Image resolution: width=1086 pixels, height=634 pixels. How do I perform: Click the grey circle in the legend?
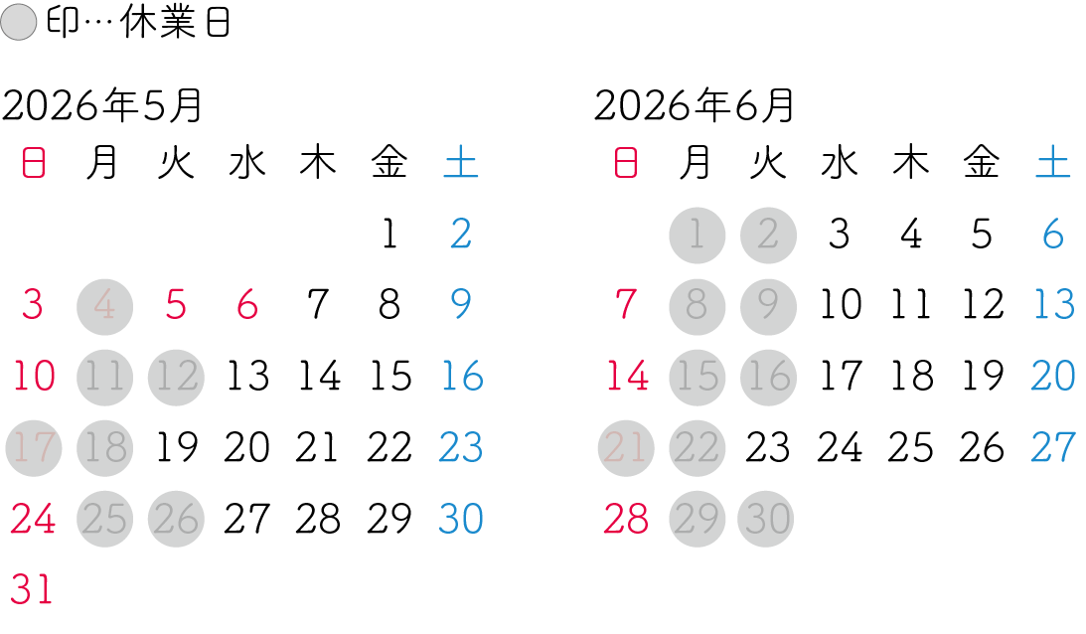click(x=19, y=22)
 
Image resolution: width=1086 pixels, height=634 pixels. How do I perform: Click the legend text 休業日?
click(x=175, y=22)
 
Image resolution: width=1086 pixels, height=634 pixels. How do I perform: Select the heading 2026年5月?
click(x=101, y=106)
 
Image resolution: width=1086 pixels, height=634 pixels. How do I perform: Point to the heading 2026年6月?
click(x=694, y=106)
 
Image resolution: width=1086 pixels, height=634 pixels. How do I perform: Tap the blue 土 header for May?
click(x=461, y=163)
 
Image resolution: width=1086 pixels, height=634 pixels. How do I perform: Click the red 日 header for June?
click(x=625, y=163)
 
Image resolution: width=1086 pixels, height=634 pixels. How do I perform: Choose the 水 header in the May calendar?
click(x=247, y=163)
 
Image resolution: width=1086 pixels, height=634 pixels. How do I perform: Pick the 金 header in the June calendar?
click(x=982, y=163)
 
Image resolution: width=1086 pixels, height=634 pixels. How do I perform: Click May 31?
click(x=32, y=590)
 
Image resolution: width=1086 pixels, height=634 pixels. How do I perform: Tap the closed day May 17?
click(x=33, y=448)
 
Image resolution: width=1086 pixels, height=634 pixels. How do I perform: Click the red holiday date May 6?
click(x=247, y=305)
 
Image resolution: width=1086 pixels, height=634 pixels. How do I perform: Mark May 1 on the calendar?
click(x=389, y=234)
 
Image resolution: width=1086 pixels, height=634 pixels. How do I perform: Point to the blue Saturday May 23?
click(x=461, y=447)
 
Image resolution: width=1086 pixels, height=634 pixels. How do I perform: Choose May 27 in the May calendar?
click(x=247, y=519)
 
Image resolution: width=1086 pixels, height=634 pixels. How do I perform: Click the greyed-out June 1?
click(x=697, y=236)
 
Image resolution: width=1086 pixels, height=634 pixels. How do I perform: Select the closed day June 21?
click(x=625, y=448)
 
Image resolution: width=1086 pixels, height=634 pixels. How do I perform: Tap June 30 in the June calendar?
click(x=768, y=519)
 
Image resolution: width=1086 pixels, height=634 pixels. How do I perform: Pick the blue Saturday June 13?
click(x=1053, y=305)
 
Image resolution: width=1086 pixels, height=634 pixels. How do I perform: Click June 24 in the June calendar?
click(x=840, y=447)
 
